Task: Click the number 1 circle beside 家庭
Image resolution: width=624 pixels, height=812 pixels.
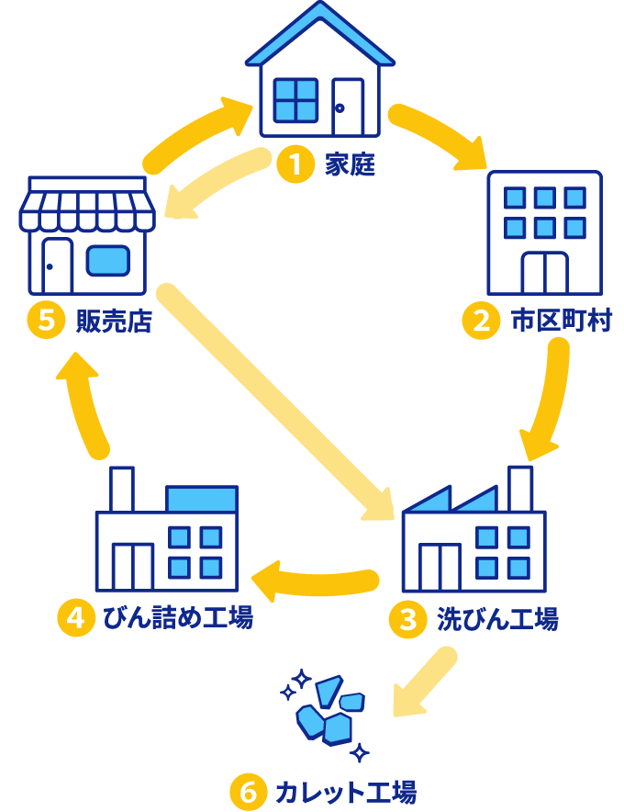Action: click(295, 165)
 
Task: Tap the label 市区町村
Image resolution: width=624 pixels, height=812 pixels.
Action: click(561, 321)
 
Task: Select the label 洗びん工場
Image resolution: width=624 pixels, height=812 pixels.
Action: click(497, 619)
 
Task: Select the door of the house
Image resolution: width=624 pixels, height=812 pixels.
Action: click(347, 107)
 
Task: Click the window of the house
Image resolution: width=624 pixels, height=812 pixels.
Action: click(295, 99)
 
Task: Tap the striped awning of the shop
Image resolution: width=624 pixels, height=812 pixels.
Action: click(87, 209)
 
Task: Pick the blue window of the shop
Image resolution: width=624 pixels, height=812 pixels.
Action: click(108, 260)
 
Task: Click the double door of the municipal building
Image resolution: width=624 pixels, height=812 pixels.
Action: click(544, 272)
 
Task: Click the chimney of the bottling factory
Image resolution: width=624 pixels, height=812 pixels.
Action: click(121, 489)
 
